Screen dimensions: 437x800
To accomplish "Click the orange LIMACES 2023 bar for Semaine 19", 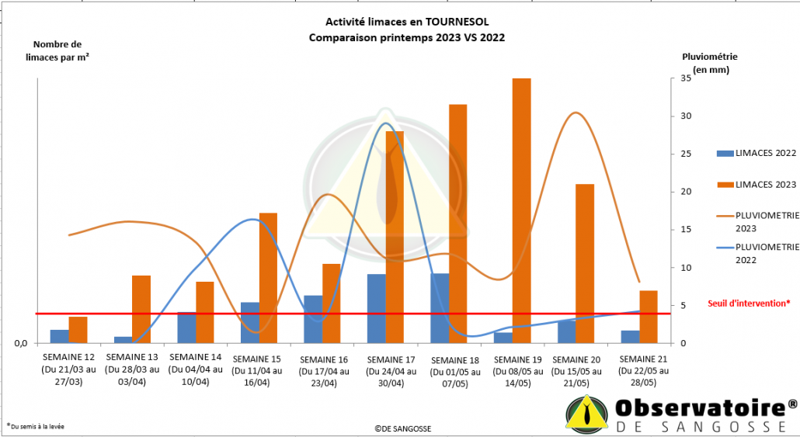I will coord(521,210).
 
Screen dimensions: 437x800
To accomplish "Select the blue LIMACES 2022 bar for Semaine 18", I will coord(440,308).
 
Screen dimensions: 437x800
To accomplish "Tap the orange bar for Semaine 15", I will coord(268,278).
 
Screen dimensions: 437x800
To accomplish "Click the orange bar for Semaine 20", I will coord(585,264).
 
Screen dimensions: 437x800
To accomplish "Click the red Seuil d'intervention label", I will coord(749,303).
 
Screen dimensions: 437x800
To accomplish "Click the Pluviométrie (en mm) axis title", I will coord(709,63).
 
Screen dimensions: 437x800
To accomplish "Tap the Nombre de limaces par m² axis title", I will coord(57,50).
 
